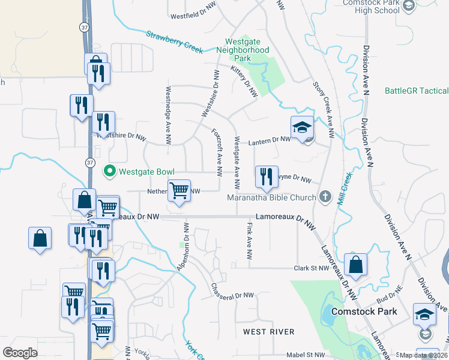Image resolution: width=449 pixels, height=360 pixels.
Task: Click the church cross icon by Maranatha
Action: [325, 197]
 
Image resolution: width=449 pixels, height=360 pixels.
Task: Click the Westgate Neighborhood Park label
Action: [246, 50]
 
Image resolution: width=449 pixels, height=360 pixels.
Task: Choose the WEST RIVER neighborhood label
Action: [269, 332]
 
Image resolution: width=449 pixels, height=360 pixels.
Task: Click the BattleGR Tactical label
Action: [417, 91]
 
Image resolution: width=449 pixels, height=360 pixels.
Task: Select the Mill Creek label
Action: [345, 190]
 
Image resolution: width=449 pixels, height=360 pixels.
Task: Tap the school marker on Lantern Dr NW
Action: [303, 128]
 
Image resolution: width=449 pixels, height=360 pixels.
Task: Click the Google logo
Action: [20, 352]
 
